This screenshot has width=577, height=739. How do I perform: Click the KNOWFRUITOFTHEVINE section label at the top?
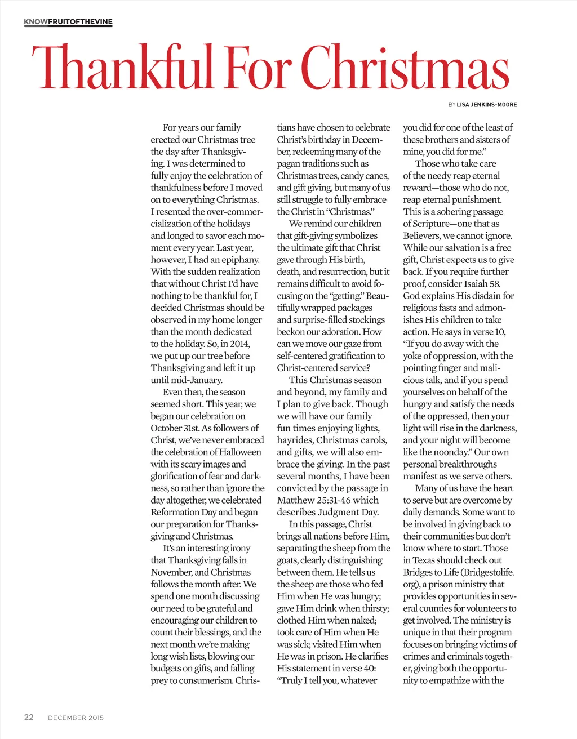tap(68, 22)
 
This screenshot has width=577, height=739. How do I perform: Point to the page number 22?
tap(29, 717)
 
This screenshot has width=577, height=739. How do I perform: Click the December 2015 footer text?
tap(76, 718)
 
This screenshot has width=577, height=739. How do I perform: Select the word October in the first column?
tap(167, 428)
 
